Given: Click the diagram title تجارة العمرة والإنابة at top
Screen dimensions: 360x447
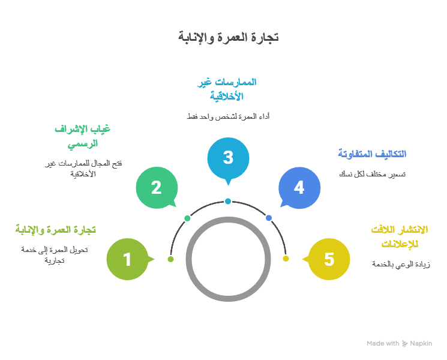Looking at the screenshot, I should pos(228,37).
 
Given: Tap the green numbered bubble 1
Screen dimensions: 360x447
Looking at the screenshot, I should pos(127,259).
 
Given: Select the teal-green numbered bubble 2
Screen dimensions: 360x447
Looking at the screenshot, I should pos(156,187).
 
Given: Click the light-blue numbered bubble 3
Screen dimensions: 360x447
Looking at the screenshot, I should pos(228,158).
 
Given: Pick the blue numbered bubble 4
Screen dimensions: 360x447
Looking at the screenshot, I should pos(299,187).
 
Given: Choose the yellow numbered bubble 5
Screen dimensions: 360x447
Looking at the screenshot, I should pos(329,259).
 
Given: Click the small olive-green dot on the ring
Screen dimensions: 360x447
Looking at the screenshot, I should pos(170,259).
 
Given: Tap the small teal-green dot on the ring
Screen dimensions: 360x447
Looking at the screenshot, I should pos(187,218).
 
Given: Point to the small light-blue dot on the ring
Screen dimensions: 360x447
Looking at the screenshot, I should pos(228,201).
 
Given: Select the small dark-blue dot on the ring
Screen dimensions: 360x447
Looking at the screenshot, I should pos(269,218).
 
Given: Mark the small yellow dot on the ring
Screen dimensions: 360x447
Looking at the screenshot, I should pos(286,259).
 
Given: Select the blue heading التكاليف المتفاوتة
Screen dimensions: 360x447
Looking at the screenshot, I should pos(372,154).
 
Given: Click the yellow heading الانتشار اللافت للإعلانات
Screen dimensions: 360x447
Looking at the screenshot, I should pos(397,236).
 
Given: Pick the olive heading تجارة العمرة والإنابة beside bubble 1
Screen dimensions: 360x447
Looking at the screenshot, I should pos(56,229).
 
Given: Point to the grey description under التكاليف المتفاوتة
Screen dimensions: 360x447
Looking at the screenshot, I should pos(372,174).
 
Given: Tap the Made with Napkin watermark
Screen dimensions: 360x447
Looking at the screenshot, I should pos(399,344).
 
